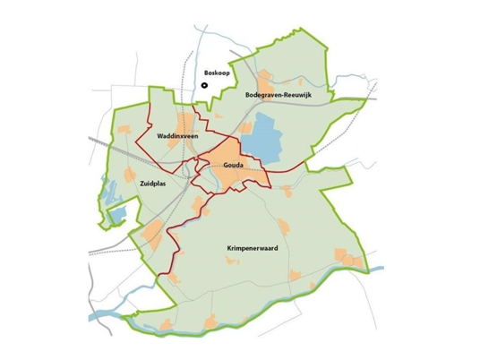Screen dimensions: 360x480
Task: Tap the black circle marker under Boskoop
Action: (205, 86)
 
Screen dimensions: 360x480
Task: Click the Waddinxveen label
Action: (176, 136)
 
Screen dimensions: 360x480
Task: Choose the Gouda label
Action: (234, 167)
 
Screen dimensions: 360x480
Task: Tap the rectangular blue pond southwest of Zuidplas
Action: (116, 215)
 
